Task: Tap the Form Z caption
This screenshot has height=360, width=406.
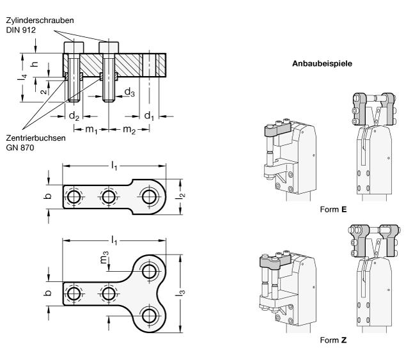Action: click(x=335, y=339)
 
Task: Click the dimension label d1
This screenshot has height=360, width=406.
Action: click(x=148, y=116)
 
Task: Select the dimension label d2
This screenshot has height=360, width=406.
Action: click(x=74, y=116)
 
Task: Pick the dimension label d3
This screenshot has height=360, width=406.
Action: click(x=129, y=93)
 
